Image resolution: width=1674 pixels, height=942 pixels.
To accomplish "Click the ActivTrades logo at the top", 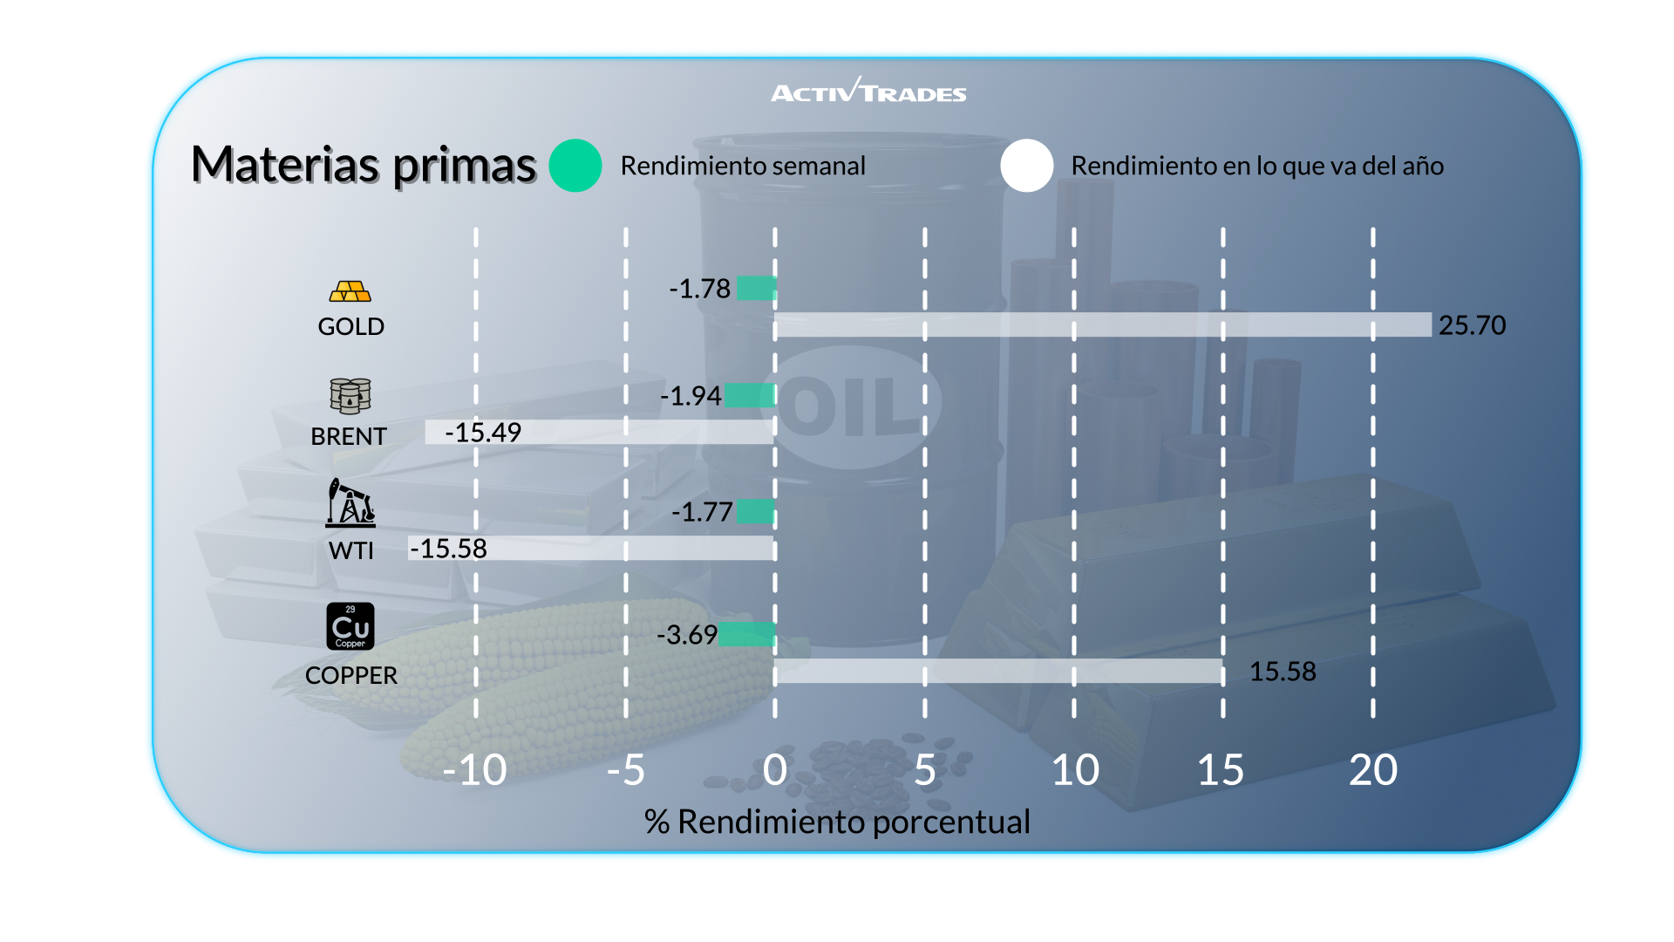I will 868,91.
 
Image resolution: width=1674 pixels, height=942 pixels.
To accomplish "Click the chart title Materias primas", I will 363,165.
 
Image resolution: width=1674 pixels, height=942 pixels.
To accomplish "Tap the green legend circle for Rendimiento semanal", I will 575,166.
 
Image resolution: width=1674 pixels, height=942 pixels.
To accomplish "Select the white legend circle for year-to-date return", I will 1027,166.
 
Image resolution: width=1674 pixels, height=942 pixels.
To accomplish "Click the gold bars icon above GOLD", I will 350,290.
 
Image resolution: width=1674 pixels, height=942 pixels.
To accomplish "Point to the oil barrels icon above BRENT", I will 350,396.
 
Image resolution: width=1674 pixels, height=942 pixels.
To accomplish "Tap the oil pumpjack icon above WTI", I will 350,502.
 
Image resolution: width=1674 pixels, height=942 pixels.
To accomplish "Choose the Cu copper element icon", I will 350,626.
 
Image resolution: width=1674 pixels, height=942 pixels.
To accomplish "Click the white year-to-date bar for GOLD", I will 1103,324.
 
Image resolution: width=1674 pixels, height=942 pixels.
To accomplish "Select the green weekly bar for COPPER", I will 747,634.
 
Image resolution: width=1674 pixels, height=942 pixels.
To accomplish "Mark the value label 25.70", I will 1472,325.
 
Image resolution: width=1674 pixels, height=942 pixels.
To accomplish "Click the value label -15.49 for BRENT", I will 483,433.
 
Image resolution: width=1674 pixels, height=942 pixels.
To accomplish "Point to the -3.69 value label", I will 687,634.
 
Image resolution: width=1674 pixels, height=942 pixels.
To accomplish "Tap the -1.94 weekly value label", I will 691,396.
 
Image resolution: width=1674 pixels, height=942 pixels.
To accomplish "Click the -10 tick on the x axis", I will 474,770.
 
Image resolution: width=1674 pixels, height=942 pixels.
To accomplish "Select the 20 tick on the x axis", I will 1373,770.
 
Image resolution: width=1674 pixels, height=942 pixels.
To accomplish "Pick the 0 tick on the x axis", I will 774,770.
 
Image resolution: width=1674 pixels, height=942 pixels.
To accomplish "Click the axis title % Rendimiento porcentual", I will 837,822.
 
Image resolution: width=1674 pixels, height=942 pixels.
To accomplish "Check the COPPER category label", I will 351,675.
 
